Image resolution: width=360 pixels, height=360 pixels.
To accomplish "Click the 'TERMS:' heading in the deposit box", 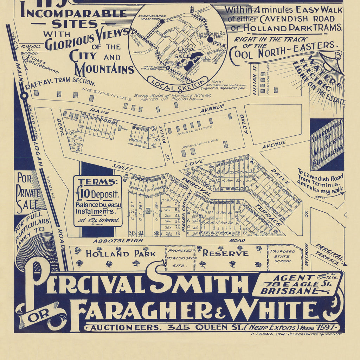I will tap(97, 182).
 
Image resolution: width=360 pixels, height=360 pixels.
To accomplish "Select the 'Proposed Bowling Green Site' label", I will tap(180, 258).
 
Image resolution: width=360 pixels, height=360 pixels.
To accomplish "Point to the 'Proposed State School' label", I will tap(283, 256).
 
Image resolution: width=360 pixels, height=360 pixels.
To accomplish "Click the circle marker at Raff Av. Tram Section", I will tap(24, 96).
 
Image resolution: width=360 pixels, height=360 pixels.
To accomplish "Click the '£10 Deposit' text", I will tap(97, 194).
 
